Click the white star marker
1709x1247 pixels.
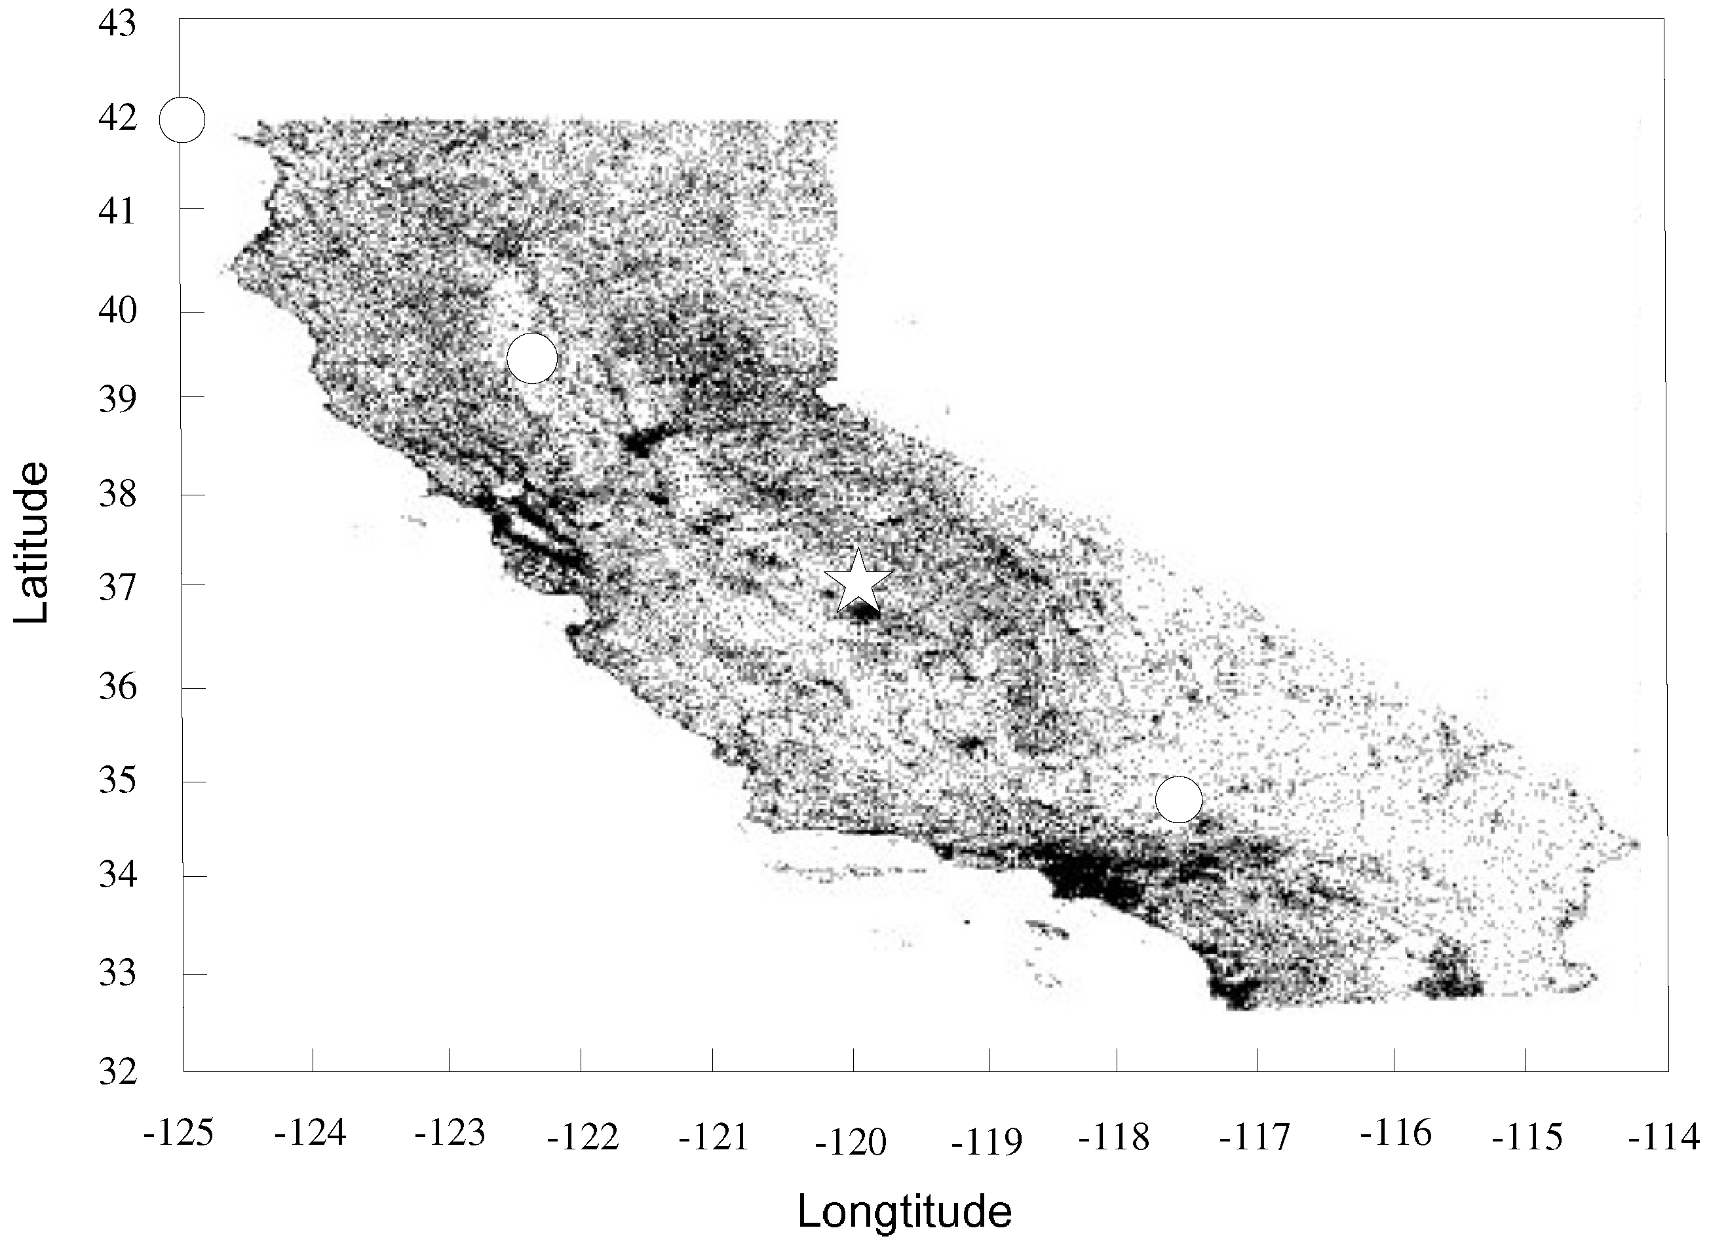click(858, 583)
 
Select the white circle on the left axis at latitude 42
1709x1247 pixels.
click(182, 119)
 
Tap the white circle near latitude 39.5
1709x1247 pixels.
click(532, 358)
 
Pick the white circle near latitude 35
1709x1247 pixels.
click(1178, 799)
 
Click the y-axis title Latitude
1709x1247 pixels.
click(31, 543)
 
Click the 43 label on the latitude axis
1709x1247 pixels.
click(117, 24)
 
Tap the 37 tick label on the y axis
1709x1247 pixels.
click(117, 586)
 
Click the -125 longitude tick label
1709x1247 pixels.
click(179, 1133)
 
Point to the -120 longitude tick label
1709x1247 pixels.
click(851, 1143)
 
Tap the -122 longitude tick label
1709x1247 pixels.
click(582, 1137)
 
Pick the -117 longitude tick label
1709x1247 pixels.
click(1254, 1137)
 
